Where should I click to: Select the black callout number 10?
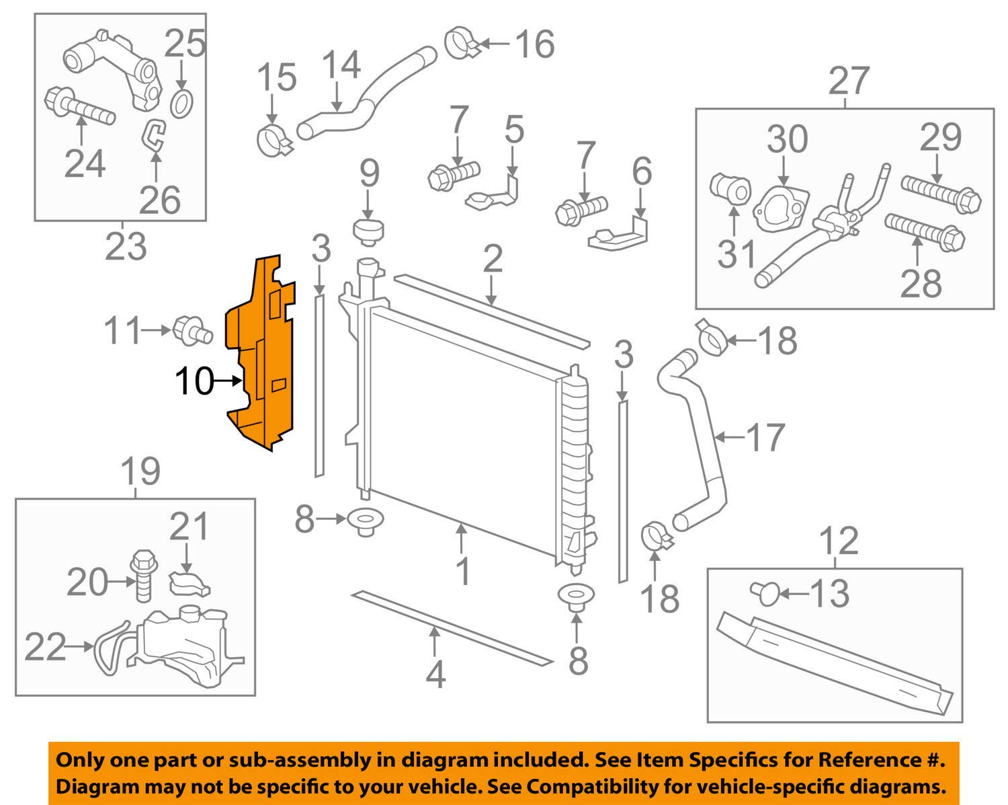194,382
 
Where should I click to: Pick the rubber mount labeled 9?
368,232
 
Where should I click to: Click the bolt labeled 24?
77,107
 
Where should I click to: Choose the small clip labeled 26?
153,133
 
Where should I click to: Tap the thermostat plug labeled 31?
730,190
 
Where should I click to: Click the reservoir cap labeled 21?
187,582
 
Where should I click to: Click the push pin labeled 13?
765,592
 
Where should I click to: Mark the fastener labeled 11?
192,330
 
